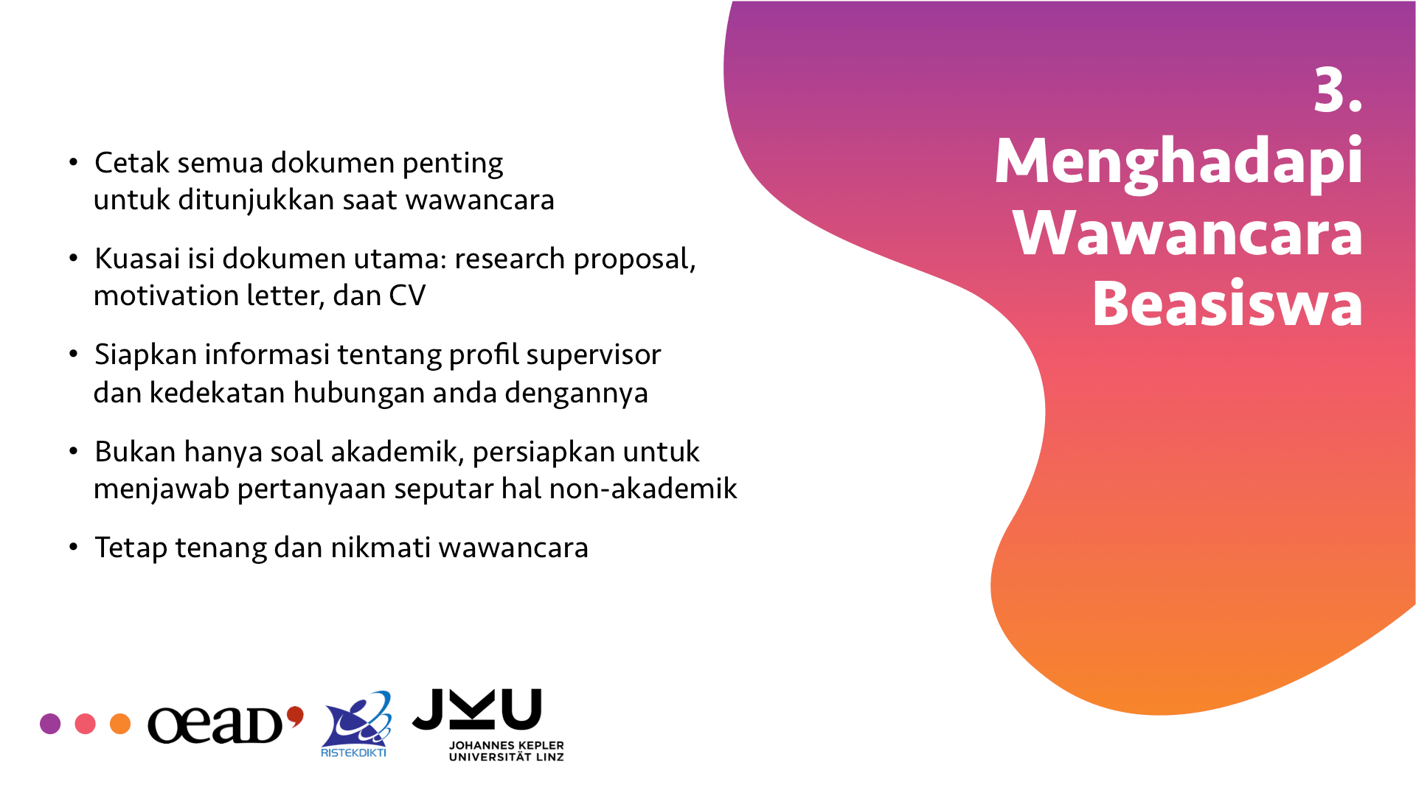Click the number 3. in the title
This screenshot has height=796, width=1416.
tap(1337, 91)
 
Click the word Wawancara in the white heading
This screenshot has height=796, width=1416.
tap(1187, 232)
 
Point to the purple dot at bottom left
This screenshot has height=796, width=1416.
tap(50, 724)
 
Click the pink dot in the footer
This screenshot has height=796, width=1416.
tap(86, 724)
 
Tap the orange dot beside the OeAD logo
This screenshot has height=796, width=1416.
tap(120, 724)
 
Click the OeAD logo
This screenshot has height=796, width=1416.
tap(226, 725)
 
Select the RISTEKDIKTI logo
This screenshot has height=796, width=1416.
tap(355, 725)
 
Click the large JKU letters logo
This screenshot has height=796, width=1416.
tap(477, 709)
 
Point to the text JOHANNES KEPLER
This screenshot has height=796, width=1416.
tap(507, 745)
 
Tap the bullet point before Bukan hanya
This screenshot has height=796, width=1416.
tap(73, 450)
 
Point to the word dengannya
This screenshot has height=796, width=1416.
tap(576, 394)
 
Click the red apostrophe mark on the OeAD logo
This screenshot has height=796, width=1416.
tap(295, 716)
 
